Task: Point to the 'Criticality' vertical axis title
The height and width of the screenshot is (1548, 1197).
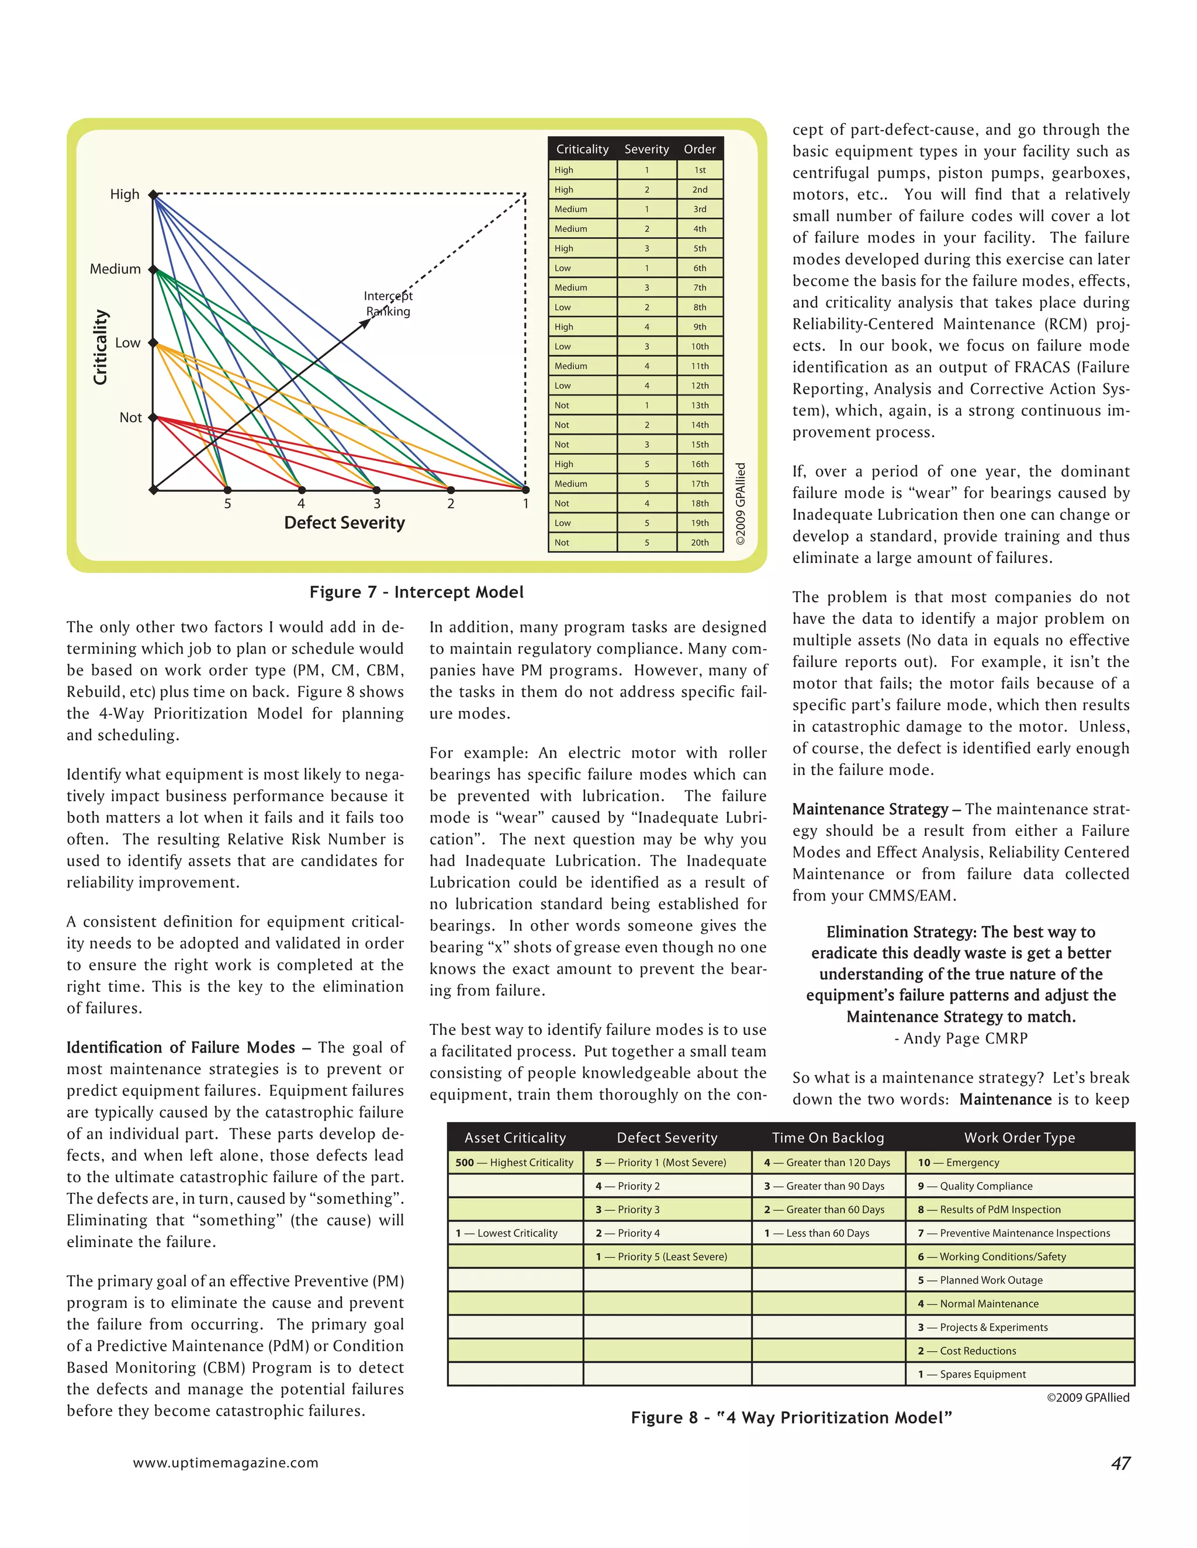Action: click(101, 348)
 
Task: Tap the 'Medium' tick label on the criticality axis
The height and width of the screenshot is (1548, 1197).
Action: click(115, 269)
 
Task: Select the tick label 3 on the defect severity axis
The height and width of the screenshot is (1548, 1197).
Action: click(376, 504)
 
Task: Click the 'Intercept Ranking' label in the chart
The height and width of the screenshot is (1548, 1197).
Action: click(388, 303)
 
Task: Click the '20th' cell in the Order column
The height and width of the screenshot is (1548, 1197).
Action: click(699, 542)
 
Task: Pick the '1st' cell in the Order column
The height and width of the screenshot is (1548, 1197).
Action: click(699, 170)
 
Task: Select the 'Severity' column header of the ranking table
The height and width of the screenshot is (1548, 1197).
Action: click(646, 149)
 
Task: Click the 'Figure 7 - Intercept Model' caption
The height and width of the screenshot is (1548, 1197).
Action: click(416, 592)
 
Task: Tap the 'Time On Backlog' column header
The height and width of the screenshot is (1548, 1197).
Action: click(828, 1137)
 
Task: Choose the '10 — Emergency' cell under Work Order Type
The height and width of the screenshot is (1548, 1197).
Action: click(958, 1162)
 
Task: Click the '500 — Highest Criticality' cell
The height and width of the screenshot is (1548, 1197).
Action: click(514, 1162)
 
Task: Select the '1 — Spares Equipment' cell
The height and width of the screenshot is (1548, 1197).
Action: click(971, 1375)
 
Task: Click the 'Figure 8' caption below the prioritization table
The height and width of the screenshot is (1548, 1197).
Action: click(791, 1418)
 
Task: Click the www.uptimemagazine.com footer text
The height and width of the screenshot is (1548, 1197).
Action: click(226, 1463)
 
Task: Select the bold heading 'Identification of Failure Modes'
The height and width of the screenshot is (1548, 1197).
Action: click(181, 1047)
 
